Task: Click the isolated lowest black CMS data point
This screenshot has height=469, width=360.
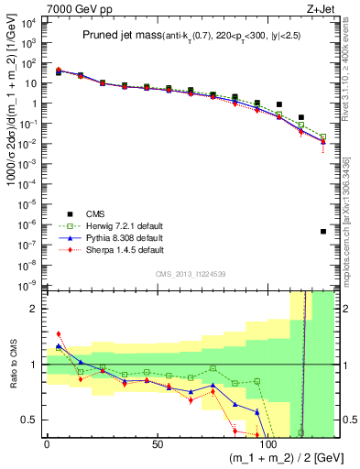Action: tap(323, 232)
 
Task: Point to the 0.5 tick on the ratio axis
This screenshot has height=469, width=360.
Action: tap(30, 420)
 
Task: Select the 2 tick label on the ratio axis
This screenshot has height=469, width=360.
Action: tap(34, 309)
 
